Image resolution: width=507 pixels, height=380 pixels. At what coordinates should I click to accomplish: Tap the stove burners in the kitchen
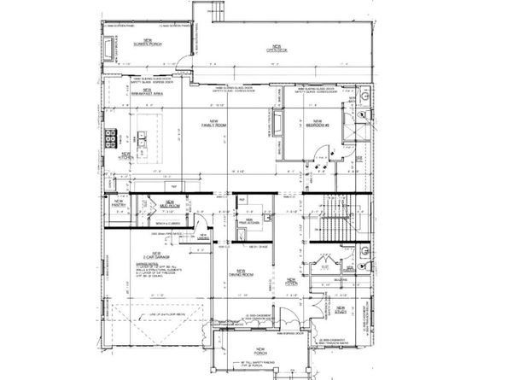[x=111, y=138]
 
